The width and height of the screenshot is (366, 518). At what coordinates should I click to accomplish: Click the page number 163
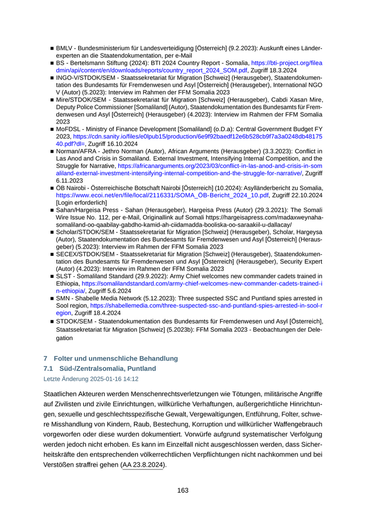[183, 490]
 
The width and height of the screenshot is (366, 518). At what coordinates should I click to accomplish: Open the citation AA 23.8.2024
[143, 465]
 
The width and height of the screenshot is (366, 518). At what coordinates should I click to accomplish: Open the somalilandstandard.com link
[202, 283]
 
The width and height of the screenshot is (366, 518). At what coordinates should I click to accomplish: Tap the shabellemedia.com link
[206, 305]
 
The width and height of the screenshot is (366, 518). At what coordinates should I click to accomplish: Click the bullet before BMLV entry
[52, 48]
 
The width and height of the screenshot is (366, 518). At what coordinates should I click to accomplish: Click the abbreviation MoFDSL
[69, 129]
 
